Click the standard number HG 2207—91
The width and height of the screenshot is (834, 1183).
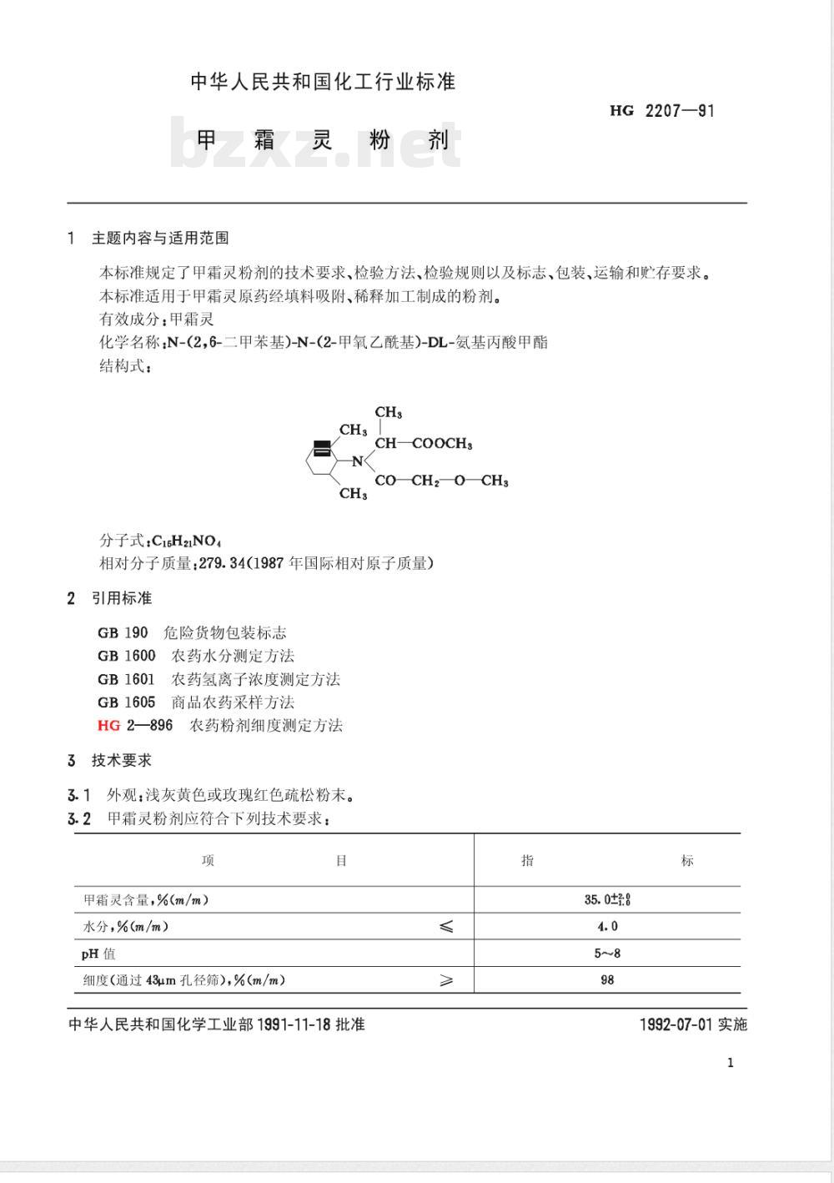[x=662, y=110]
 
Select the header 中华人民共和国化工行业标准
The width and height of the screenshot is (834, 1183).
[x=323, y=82]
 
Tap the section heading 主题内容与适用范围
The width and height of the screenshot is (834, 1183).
[x=160, y=239]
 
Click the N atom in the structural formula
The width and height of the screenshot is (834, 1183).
[x=357, y=461]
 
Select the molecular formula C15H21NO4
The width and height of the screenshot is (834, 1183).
[x=186, y=541]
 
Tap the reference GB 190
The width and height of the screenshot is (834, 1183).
[x=123, y=633]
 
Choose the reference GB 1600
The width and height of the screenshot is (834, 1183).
[x=126, y=656]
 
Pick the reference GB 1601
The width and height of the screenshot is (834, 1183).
[x=126, y=679]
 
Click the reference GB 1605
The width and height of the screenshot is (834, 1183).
[x=126, y=702]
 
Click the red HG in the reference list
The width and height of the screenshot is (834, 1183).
[x=109, y=725]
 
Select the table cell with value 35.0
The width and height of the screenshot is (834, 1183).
[x=606, y=899]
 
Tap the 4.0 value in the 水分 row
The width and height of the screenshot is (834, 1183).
[x=607, y=926]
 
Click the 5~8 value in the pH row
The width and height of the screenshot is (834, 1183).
[x=607, y=953]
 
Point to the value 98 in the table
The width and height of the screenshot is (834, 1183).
[x=607, y=979]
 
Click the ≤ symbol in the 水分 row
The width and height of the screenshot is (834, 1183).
[x=446, y=926]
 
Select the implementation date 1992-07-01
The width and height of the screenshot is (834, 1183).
[x=676, y=1024]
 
